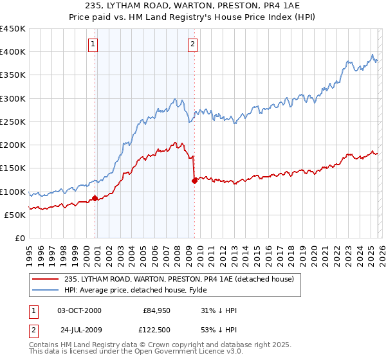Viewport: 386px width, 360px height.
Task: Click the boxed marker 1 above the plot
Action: point(94,44)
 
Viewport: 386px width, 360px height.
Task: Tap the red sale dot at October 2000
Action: point(95,198)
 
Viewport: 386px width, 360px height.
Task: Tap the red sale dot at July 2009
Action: point(194,181)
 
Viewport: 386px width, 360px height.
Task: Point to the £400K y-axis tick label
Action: point(13,52)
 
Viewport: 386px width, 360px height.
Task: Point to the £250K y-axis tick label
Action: point(13,122)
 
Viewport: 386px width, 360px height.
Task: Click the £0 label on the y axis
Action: point(19,238)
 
